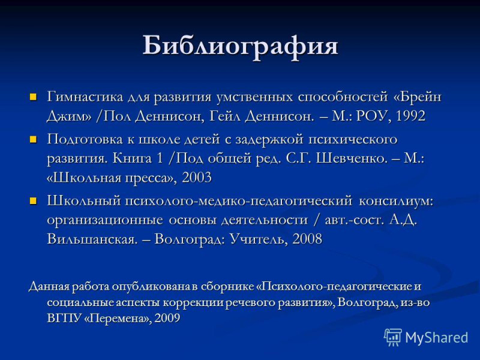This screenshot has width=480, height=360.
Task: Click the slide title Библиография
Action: coord(241,47)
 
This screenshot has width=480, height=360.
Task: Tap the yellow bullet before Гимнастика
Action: coord(33,97)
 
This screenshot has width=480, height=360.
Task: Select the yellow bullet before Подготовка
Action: coord(33,140)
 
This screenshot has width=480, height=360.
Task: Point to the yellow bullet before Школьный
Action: coord(33,201)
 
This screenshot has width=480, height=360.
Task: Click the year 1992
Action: coord(410,116)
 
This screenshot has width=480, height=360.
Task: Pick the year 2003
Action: coord(197,178)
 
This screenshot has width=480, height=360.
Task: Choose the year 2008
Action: coord(307,239)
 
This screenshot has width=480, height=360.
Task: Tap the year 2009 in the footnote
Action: coord(167,318)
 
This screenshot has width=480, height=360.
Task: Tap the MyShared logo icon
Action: coord(393,337)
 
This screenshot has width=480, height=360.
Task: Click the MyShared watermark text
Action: coord(437,338)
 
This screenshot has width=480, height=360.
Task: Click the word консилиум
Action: coord(396,202)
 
